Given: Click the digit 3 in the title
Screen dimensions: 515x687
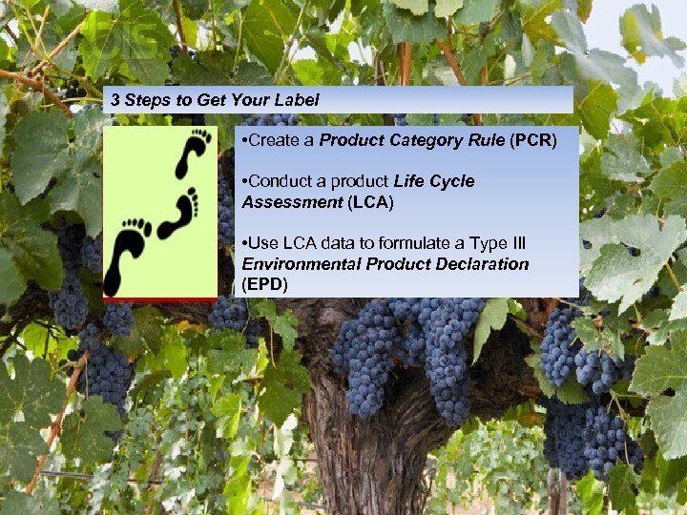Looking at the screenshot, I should point(115,99).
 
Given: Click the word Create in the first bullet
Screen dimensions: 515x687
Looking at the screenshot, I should point(273,140).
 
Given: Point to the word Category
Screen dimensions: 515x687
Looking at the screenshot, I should point(424,140).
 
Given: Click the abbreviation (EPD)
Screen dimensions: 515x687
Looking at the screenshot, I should point(265,284).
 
